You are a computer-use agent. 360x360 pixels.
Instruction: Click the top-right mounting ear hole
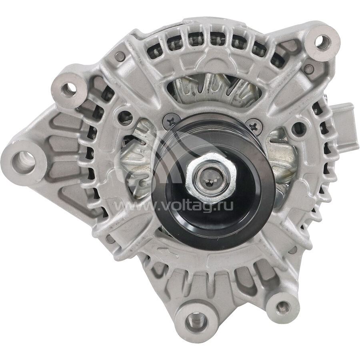pyautogui.click(x=323, y=43)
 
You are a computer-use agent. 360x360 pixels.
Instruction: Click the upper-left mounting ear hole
pyautogui.click(x=69, y=90)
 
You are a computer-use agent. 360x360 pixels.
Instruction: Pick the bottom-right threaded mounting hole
pyautogui.click(x=283, y=308)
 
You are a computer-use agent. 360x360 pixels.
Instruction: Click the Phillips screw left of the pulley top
pyautogui.click(x=171, y=121)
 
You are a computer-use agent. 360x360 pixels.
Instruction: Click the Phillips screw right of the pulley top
pyautogui.click(x=254, y=126)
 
